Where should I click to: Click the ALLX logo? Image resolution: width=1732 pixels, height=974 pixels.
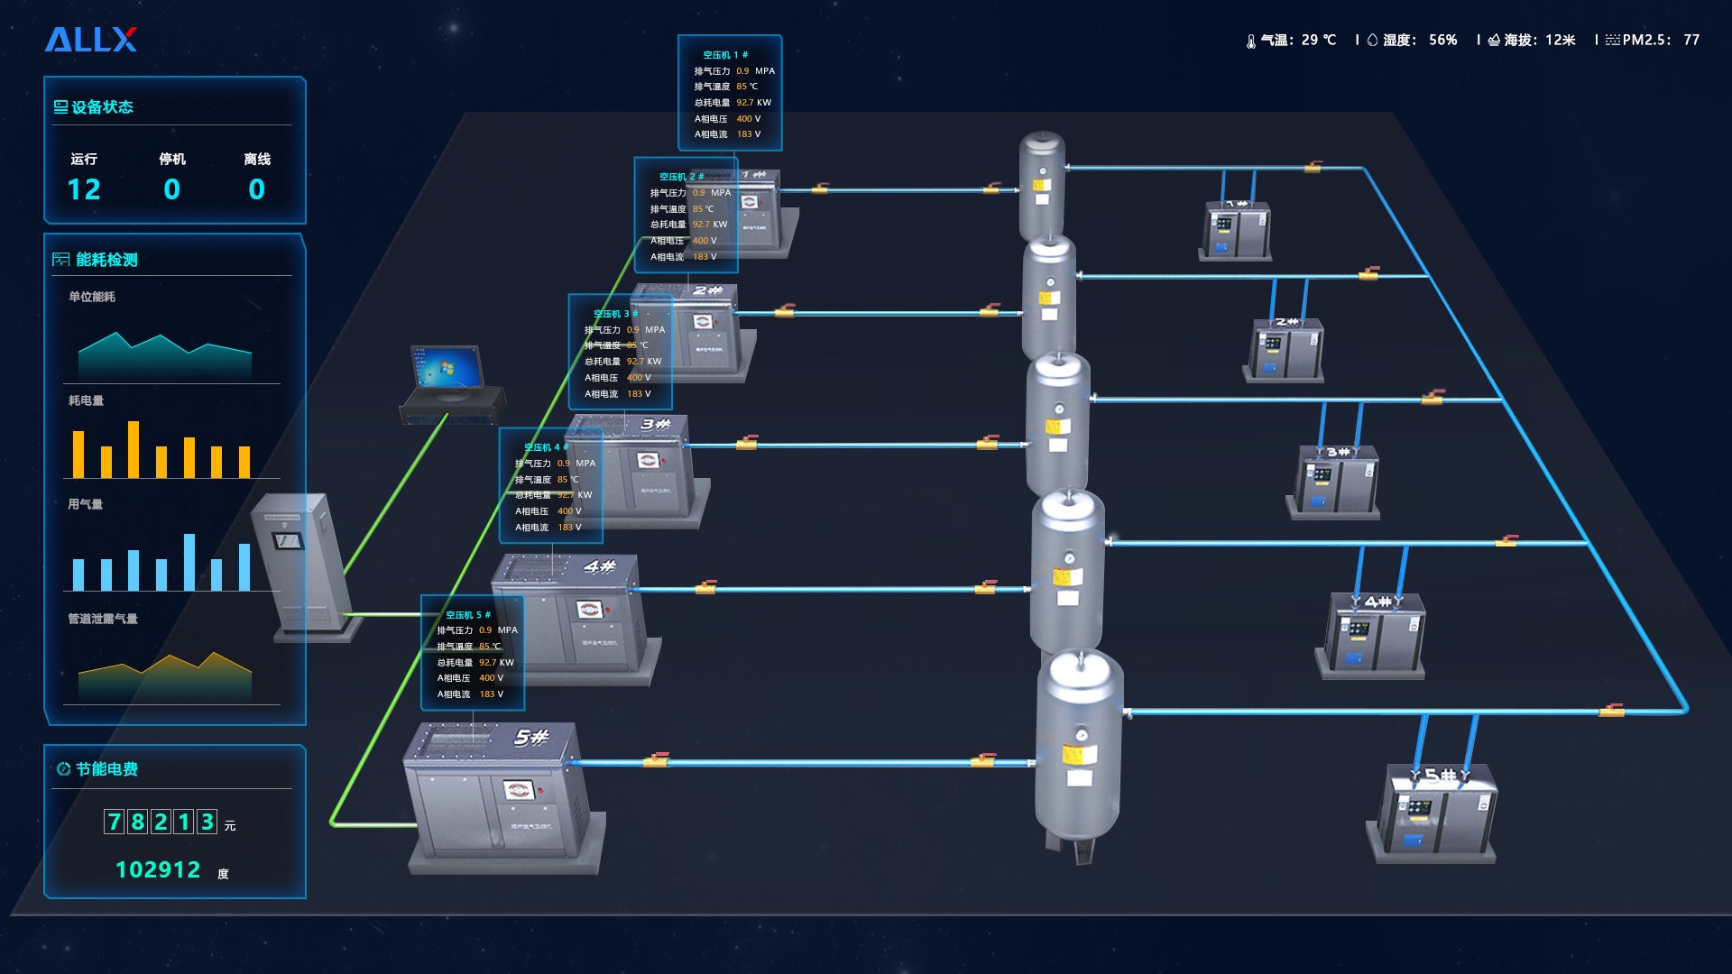[x=90, y=40]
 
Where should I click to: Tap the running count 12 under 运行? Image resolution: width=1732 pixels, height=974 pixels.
[x=84, y=189]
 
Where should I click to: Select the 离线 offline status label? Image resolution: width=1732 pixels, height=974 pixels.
[x=257, y=160]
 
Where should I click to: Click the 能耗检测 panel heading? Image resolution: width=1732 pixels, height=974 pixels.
[x=106, y=260]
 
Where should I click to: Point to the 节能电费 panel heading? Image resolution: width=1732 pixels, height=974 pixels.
[x=106, y=769]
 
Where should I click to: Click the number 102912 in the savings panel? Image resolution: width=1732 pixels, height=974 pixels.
[x=158, y=869]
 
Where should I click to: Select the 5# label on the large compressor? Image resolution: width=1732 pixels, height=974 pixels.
[x=531, y=738]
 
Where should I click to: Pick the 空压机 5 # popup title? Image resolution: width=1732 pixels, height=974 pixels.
[x=468, y=615]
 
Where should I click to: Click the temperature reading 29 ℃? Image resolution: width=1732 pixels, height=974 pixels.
[x=1318, y=41]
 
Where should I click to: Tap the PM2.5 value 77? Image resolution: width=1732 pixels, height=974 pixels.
[x=1691, y=41]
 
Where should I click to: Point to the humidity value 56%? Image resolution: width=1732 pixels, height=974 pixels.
[x=1442, y=41]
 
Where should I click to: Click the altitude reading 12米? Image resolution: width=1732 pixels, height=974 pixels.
[x=1560, y=41]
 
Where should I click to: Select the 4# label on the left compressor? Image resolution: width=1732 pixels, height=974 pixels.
[x=599, y=567]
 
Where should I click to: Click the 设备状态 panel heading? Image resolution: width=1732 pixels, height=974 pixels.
[x=102, y=107]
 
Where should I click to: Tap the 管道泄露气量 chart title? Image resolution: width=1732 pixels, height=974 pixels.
[x=103, y=619]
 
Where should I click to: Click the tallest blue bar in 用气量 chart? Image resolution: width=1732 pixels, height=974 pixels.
[x=189, y=562]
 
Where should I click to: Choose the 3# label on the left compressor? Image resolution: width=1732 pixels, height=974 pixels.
[x=656, y=424]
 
